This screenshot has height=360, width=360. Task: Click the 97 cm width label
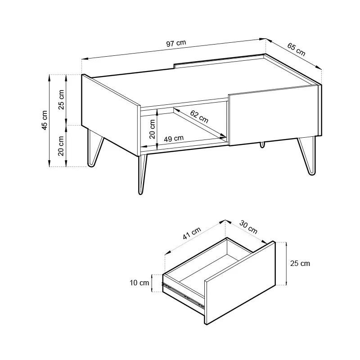pos(176,43)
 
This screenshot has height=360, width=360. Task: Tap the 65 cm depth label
pos(296,49)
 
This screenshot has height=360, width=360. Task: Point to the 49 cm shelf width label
pos(174,139)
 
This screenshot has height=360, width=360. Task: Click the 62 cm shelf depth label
pos(199,117)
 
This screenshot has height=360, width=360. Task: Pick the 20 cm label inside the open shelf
pos(152,129)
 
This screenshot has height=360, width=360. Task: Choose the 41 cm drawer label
pos(192,233)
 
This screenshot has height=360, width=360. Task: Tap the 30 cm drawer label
pos(248,227)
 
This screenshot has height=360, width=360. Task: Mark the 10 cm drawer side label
pos(139,283)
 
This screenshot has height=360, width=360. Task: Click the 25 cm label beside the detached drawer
pos(300,263)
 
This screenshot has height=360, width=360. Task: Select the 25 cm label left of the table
pos(61,99)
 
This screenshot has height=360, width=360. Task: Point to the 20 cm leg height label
pos(61,146)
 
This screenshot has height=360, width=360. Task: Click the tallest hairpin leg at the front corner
pos(143,174)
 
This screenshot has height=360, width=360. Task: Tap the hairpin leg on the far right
pos(307,155)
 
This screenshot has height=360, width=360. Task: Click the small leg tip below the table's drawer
pos(262,144)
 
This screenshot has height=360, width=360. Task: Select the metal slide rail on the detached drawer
pos(183,295)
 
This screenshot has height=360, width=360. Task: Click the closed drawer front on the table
pos(274,116)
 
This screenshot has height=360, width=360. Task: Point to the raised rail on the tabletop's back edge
pos(219,61)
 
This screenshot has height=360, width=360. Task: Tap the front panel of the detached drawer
pos(240,283)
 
